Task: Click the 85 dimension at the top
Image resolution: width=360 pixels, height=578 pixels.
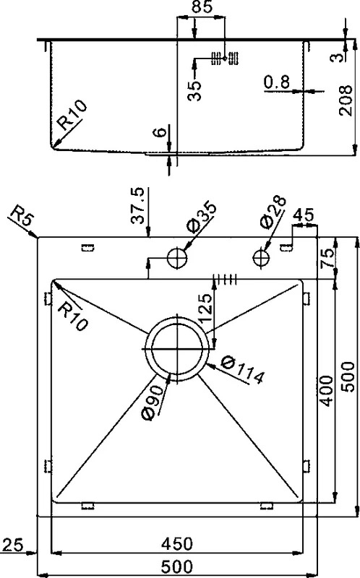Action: coord(202,7)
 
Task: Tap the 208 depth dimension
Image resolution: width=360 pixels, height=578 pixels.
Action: coord(346,100)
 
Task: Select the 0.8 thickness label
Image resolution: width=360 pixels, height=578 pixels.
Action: coord(277,82)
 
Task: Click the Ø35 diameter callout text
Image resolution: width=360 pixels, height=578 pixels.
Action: coord(202,216)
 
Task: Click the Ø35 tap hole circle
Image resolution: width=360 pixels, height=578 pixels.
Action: coord(177,258)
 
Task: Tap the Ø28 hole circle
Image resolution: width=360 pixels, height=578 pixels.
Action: coord(262,257)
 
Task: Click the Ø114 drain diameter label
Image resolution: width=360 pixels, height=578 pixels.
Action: coord(243,371)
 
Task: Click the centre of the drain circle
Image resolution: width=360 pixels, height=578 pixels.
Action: coord(177,348)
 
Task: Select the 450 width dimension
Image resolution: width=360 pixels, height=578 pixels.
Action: coord(177,544)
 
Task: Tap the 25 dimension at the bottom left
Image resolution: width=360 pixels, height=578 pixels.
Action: coord(13,545)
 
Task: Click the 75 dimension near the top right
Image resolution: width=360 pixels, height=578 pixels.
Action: coord(327,256)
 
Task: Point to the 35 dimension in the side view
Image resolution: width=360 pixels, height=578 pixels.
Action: coord(194,90)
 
